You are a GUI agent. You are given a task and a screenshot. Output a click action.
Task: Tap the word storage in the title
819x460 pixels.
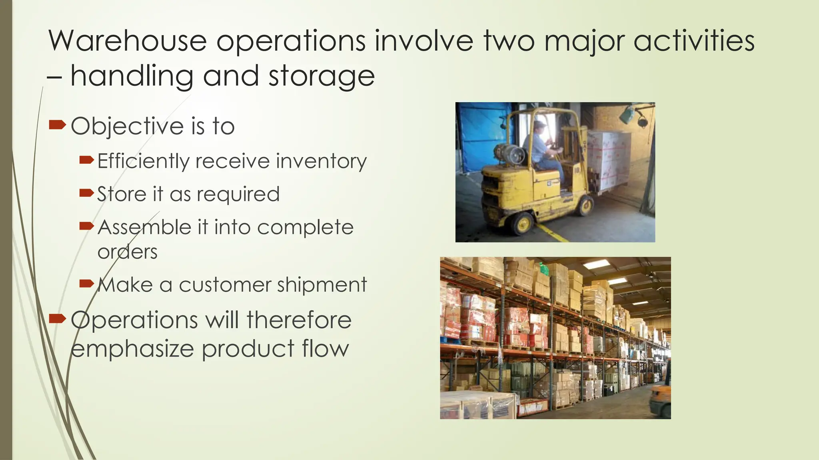[322, 75]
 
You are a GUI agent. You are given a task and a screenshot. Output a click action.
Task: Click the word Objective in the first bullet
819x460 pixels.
[127, 126]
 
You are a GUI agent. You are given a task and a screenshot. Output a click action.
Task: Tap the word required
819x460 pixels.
[238, 194]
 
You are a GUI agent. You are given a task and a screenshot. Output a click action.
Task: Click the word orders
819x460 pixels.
[128, 252]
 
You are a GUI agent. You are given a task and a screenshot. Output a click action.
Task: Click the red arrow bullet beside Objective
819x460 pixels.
[57, 126]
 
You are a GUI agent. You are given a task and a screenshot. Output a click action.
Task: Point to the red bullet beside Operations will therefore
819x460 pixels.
[57, 319]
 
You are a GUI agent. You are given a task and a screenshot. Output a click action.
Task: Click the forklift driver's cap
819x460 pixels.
[540, 124]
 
